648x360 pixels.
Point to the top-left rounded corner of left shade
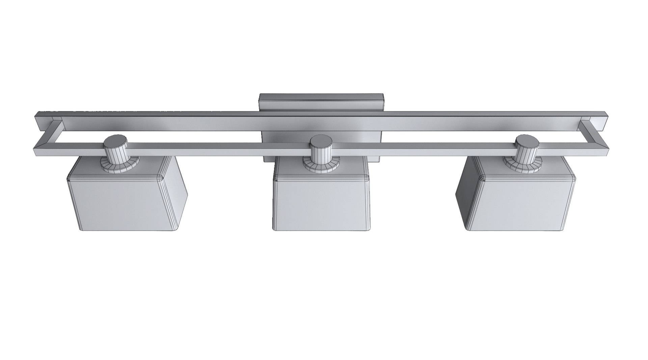coord(71,179)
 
